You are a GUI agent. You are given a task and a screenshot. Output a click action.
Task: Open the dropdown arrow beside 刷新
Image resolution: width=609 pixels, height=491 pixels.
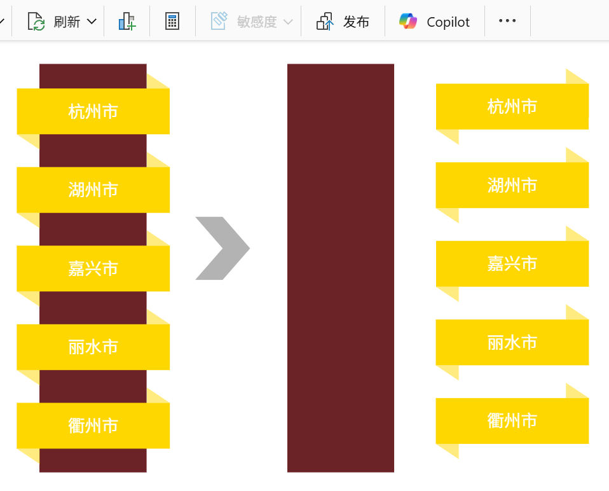[92, 22]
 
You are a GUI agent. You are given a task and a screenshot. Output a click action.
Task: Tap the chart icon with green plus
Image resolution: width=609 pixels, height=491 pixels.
[127, 22]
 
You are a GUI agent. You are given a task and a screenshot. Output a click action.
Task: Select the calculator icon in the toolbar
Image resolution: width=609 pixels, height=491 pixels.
[172, 22]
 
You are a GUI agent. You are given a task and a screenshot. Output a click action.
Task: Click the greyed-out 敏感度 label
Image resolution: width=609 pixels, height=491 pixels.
[256, 22]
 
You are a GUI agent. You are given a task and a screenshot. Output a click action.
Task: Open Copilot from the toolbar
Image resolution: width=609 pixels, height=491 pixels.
[435, 22]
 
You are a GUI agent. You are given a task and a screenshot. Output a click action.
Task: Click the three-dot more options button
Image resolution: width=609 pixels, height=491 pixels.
[507, 21]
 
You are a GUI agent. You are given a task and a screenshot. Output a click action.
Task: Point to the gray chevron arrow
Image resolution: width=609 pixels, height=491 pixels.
[222, 248]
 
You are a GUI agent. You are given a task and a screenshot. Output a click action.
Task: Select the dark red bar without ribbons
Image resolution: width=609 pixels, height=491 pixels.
[341, 268]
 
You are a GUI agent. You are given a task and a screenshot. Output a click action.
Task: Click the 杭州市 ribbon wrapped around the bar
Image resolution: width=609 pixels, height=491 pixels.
[93, 111]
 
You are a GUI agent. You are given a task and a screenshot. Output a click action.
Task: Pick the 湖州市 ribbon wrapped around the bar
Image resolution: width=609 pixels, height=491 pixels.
[93, 190]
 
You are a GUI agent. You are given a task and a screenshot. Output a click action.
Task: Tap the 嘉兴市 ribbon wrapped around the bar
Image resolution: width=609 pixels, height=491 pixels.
[93, 268]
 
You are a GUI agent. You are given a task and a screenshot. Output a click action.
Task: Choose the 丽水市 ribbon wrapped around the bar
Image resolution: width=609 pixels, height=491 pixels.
[93, 347]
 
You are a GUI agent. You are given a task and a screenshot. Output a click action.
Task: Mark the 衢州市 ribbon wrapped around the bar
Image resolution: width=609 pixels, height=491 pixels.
[93, 425]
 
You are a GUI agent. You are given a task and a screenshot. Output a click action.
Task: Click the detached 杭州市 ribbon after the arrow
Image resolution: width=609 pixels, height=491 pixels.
[512, 106]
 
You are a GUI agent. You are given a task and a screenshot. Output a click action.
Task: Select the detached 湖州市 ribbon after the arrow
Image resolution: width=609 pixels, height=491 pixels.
[512, 185]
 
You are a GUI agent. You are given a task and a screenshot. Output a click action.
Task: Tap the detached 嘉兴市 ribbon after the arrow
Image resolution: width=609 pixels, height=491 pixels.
[512, 263]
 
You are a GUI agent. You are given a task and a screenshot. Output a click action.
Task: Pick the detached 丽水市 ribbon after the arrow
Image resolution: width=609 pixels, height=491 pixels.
[512, 342]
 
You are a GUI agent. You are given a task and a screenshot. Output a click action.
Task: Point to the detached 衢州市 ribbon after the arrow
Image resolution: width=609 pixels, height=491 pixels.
[512, 420]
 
